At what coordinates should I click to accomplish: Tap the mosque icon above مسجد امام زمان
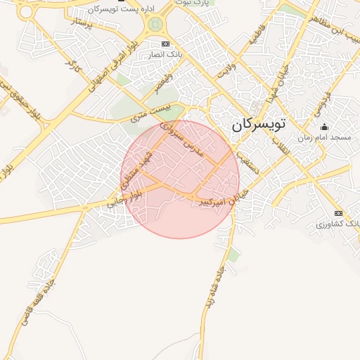click(x=324, y=127)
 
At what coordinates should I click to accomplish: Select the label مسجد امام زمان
click(x=323, y=139)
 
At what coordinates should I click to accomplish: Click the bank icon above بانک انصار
click(x=165, y=44)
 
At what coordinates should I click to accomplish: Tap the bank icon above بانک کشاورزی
click(x=338, y=213)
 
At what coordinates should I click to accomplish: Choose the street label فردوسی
click(x=323, y=102)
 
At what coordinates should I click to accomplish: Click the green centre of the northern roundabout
click(x=155, y=25)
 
